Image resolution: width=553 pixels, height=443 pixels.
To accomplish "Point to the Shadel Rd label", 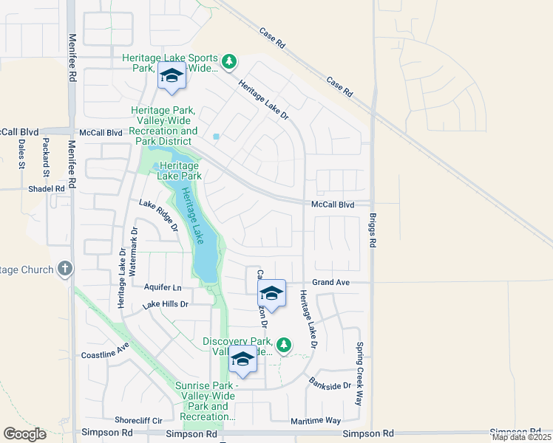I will [47, 188].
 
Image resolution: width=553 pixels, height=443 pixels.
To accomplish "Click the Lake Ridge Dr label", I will [159, 216].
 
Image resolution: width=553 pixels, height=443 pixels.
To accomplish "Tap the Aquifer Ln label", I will [163, 287].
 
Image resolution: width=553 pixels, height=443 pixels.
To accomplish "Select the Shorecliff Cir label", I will [138, 421].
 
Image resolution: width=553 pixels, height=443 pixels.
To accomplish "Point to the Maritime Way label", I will [316, 420].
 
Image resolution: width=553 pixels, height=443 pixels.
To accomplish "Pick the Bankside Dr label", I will [330, 385].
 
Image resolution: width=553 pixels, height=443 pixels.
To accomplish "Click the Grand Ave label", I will [330, 282].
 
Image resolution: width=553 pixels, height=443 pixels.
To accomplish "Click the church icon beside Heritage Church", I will [65, 269].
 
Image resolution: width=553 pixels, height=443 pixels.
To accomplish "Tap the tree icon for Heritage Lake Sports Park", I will [229, 61].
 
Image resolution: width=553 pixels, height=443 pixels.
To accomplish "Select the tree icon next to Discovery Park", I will [283, 344].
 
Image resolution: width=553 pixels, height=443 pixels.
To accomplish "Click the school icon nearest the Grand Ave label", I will [271, 294].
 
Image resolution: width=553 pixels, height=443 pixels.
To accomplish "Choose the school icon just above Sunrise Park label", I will [242, 360].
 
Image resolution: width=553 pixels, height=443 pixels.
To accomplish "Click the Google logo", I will [25, 434].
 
